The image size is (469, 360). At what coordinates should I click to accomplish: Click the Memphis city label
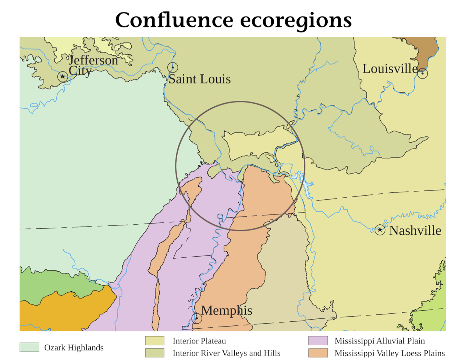pos(226,311)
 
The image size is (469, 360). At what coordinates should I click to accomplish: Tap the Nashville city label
pos(415,231)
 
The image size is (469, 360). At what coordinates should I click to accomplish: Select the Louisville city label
pos(390,69)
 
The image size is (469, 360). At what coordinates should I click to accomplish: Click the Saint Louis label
pos(199,79)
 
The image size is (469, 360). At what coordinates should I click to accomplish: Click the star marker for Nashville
pos(380,230)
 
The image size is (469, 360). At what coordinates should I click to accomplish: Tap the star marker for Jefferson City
pos(63,76)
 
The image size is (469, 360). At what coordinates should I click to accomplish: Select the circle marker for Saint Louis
pos(173,67)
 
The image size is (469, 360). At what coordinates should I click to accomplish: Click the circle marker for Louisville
pos(423,73)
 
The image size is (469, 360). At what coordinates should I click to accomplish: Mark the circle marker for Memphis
pos(197,318)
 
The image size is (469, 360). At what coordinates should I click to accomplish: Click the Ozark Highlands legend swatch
pos(29,347)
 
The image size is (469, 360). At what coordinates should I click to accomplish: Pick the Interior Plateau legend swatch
pos(154,341)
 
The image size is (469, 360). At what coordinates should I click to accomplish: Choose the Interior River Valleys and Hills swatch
pos(154,353)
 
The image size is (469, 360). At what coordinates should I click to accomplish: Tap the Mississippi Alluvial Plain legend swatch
pos(318,341)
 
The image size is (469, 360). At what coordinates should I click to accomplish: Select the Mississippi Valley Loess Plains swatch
pos(318,353)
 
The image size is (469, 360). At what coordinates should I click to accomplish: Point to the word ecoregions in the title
pos(296,20)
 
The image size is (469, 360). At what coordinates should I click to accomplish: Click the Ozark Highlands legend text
pos(74,347)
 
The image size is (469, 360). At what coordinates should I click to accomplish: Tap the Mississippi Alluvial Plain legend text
pos(379,341)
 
